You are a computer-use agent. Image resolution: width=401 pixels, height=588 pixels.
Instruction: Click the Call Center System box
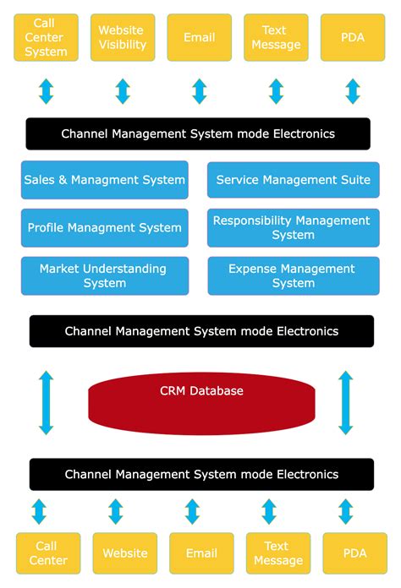46,37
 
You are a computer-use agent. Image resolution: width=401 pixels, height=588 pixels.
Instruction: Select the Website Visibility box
123,37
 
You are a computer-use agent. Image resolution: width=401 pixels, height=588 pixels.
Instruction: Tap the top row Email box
200,37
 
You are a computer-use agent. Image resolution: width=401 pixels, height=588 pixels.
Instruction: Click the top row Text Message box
276,37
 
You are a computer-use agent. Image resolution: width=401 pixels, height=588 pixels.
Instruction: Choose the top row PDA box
353,37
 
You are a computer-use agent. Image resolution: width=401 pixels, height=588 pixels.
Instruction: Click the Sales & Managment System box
105,180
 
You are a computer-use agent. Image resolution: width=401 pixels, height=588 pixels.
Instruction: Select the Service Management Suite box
294,180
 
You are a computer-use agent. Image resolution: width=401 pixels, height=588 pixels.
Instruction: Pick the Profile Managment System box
105,228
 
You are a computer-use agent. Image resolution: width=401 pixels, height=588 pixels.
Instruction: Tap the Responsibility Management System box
294,228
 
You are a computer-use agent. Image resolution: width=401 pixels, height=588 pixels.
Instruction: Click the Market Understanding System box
105,276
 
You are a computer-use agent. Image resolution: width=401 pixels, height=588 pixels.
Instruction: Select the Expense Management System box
294,276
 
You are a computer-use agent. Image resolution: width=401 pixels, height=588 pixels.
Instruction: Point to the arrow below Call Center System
46,91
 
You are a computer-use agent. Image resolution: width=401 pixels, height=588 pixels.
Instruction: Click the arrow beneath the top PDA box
353,91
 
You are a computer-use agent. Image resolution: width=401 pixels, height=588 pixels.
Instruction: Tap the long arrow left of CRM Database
46,402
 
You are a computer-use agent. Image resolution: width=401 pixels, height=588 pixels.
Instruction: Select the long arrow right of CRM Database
346,402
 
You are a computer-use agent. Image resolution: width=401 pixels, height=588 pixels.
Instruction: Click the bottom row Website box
124,553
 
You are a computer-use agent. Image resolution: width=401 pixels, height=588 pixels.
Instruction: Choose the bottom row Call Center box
48,553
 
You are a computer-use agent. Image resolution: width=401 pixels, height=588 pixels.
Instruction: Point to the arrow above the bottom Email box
193,511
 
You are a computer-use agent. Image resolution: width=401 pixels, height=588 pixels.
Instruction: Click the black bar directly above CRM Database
201,331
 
